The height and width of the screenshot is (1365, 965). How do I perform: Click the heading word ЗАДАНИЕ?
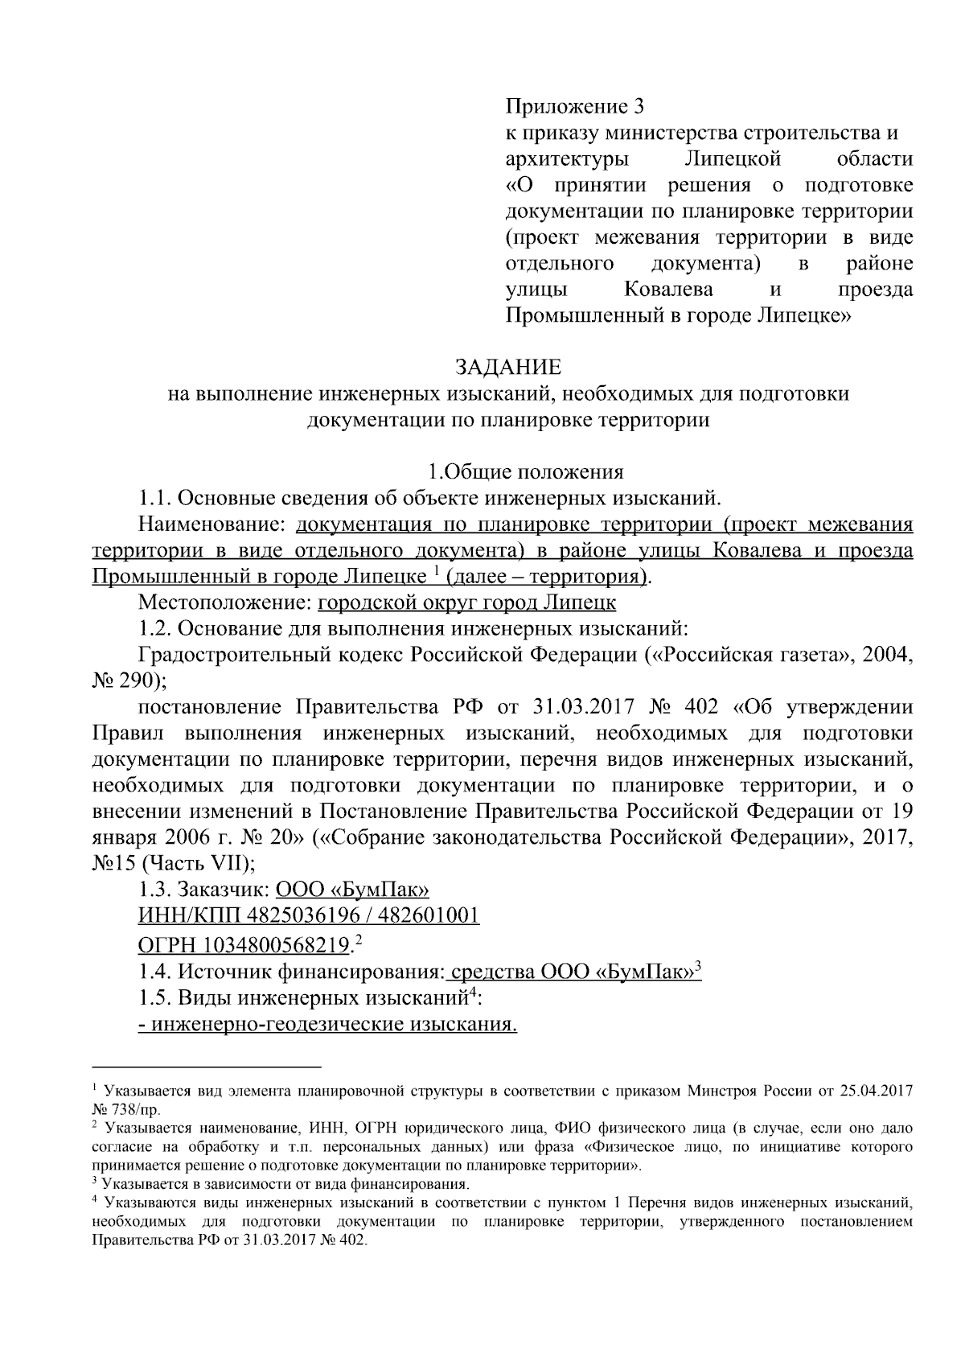pyautogui.click(x=508, y=368)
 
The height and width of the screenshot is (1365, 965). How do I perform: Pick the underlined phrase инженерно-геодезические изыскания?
pyautogui.click(x=327, y=1025)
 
